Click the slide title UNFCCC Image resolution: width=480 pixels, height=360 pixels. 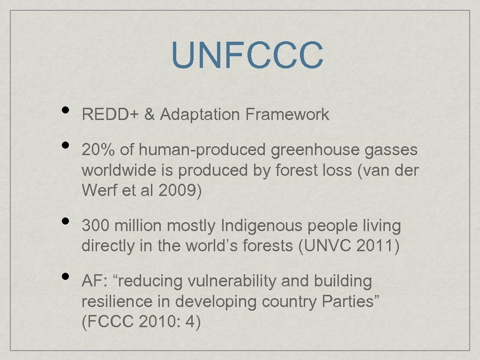[x=247, y=55]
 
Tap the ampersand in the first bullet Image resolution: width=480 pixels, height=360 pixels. [x=150, y=114]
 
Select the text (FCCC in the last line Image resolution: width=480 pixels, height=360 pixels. [x=106, y=322]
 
